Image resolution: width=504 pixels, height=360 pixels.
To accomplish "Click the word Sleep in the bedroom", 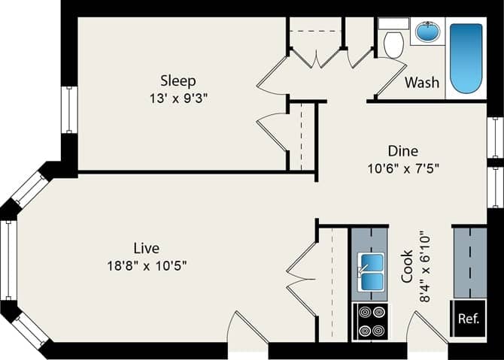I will pyautogui.click(x=178, y=80).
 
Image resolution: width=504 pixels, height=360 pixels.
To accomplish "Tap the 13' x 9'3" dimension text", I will pyautogui.click(x=178, y=98).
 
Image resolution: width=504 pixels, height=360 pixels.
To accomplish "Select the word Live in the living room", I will pyautogui.click(x=146, y=247).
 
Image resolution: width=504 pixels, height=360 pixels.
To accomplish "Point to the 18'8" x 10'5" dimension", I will pyautogui.click(x=146, y=265).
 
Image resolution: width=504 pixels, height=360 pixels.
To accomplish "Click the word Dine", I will pyautogui.click(x=402, y=150).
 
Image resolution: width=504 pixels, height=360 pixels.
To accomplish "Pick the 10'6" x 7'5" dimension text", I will pyautogui.click(x=402, y=168).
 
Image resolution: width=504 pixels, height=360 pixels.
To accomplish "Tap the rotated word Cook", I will pyautogui.click(x=407, y=266).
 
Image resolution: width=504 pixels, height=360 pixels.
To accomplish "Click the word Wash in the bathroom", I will pyautogui.click(x=422, y=82).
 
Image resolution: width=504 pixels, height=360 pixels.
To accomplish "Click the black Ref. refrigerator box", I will pyautogui.click(x=468, y=318).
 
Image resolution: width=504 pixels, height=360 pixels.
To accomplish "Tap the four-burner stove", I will pyautogui.click(x=369, y=321).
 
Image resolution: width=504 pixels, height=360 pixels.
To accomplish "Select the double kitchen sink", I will pyautogui.click(x=369, y=272).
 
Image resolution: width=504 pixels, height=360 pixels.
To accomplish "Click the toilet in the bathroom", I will pyautogui.click(x=393, y=42).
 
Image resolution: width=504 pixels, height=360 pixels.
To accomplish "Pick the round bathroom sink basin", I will pyautogui.click(x=427, y=32).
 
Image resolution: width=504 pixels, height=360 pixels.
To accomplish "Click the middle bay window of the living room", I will pyautogui.click(x=8, y=259).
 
